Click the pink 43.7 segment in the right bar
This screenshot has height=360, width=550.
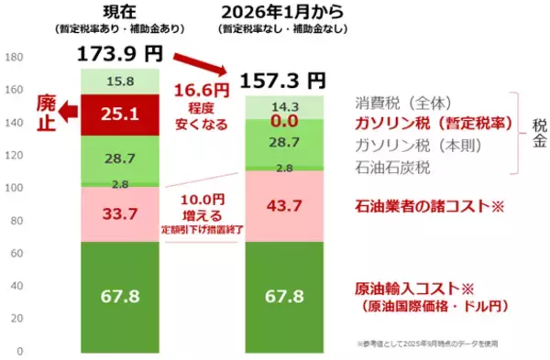pos(284,207)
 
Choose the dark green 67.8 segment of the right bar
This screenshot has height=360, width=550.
pos(284,298)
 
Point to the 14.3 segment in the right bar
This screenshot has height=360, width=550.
pos(284,106)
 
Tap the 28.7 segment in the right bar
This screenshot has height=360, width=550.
pos(284,143)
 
